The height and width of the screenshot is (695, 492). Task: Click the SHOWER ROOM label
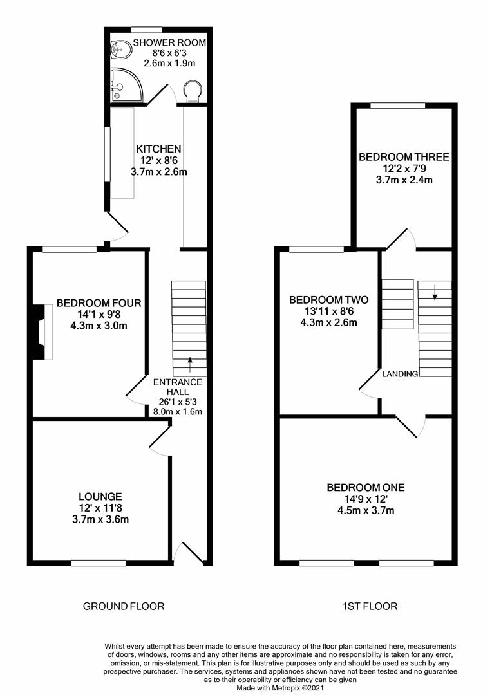click(x=169, y=43)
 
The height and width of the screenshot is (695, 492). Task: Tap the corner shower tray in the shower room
click(x=126, y=84)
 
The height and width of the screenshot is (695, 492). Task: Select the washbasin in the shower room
click(x=120, y=49)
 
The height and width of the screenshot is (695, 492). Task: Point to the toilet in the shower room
click(x=193, y=91)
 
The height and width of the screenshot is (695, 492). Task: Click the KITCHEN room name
click(x=158, y=149)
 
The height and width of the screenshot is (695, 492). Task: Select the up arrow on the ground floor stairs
click(x=191, y=364)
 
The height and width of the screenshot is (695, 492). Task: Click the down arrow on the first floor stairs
click(x=435, y=292)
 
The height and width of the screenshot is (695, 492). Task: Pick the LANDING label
click(x=400, y=374)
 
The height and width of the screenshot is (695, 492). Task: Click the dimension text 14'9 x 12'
click(x=366, y=499)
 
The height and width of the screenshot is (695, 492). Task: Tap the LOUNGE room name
click(x=100, y=497)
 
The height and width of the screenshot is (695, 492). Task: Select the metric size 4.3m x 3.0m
click(x=99, y=326)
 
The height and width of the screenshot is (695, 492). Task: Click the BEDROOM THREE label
click(x=404, y=157)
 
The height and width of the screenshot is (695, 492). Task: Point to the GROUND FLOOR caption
click(x=124, y=606)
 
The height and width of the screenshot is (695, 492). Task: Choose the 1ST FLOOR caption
click(x=370, y=606)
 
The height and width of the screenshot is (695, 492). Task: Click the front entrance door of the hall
click(x=189, y=552)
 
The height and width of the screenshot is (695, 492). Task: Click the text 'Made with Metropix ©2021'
click(x=280, y=689)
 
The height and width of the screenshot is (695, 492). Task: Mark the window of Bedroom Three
click(x=397, y=106)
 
